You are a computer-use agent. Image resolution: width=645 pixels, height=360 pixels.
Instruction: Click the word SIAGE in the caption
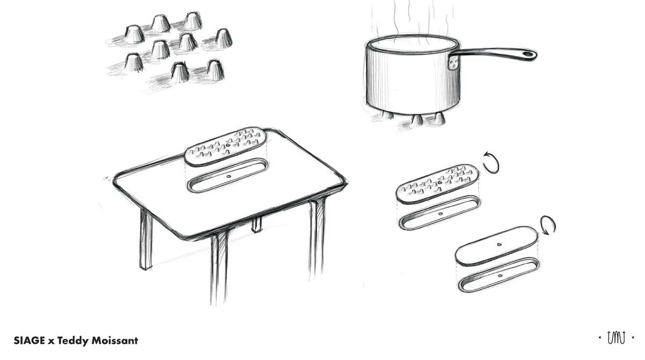point(29,341)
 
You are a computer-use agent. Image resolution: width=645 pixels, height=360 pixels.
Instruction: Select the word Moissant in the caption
point(114,341)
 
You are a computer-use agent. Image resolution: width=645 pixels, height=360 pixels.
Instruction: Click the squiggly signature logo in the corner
point(616,337)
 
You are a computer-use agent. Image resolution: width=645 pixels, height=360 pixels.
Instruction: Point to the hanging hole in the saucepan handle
point(527,54)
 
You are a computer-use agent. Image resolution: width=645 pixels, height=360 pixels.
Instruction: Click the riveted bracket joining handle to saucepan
point(453,62)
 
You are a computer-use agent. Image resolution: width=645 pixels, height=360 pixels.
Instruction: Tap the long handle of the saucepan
point(493,54)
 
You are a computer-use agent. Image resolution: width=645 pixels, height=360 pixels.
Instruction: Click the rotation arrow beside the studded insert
point(491,162)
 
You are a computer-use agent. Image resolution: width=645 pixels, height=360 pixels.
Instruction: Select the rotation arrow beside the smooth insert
point(548,225)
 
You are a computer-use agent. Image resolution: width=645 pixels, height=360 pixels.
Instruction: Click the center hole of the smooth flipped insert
point(499,244)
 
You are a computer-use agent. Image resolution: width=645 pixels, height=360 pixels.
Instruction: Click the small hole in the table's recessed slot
point(229,176)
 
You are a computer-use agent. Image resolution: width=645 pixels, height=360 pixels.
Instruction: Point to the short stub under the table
point(257,225)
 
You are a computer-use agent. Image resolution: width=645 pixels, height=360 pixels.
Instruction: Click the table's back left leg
point(146,240)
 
